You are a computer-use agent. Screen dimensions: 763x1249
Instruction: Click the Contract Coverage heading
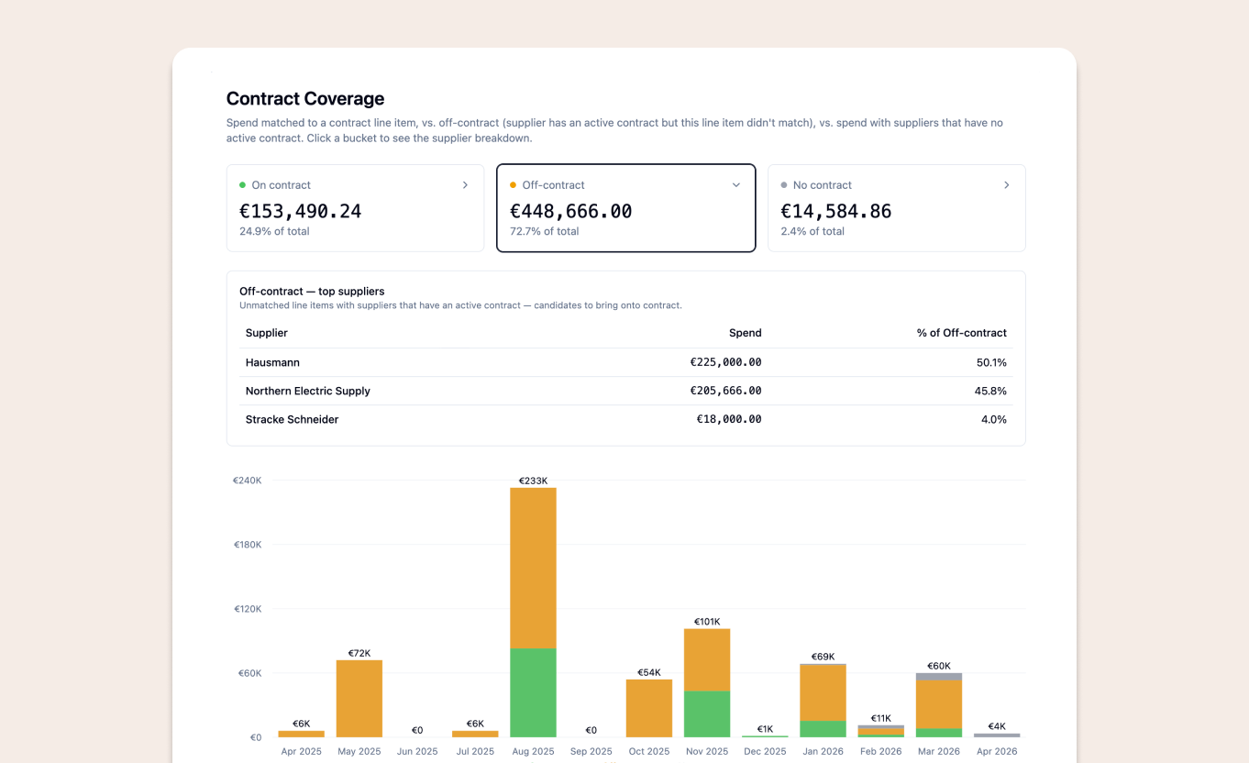(x=305, y=99)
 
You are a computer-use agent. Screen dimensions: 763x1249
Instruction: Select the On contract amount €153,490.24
(x=300, y=212)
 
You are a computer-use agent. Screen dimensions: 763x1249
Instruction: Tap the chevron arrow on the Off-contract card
(x=735, y=185)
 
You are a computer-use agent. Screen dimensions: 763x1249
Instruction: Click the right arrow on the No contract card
(x=1006, y=185)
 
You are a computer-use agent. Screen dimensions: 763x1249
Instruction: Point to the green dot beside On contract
(x=242, y=185)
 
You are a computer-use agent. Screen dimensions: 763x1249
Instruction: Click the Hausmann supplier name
(x=272, y=362)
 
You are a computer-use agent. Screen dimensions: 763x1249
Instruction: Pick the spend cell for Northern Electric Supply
(x=725, y=391)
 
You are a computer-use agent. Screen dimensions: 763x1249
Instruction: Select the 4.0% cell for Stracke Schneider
(x=994, y=419)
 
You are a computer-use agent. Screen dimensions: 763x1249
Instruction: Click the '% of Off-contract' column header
(x=961, y=333)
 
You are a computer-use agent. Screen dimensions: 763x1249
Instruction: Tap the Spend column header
(x=745, y=333)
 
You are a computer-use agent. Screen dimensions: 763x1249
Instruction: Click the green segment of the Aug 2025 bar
(x=533, y=692)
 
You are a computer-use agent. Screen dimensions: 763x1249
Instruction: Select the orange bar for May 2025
(x=359, y=698)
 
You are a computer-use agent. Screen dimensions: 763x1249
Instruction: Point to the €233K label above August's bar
(x=533, y=481)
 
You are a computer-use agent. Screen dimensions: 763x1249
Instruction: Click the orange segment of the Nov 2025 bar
(x=707, y=659)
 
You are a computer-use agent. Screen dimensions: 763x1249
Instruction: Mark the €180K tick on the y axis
(x=247, y=545)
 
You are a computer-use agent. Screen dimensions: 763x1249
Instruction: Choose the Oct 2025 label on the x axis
(x=649, y=751)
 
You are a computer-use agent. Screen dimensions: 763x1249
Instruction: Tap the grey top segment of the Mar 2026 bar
(x=939, y=677)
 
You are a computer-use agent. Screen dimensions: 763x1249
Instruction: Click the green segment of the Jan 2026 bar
(x=823, y=729)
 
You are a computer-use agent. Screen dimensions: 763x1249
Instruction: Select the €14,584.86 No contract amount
(x=835, y=212)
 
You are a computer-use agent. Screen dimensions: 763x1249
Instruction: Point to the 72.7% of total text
(x=544, y=232)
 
